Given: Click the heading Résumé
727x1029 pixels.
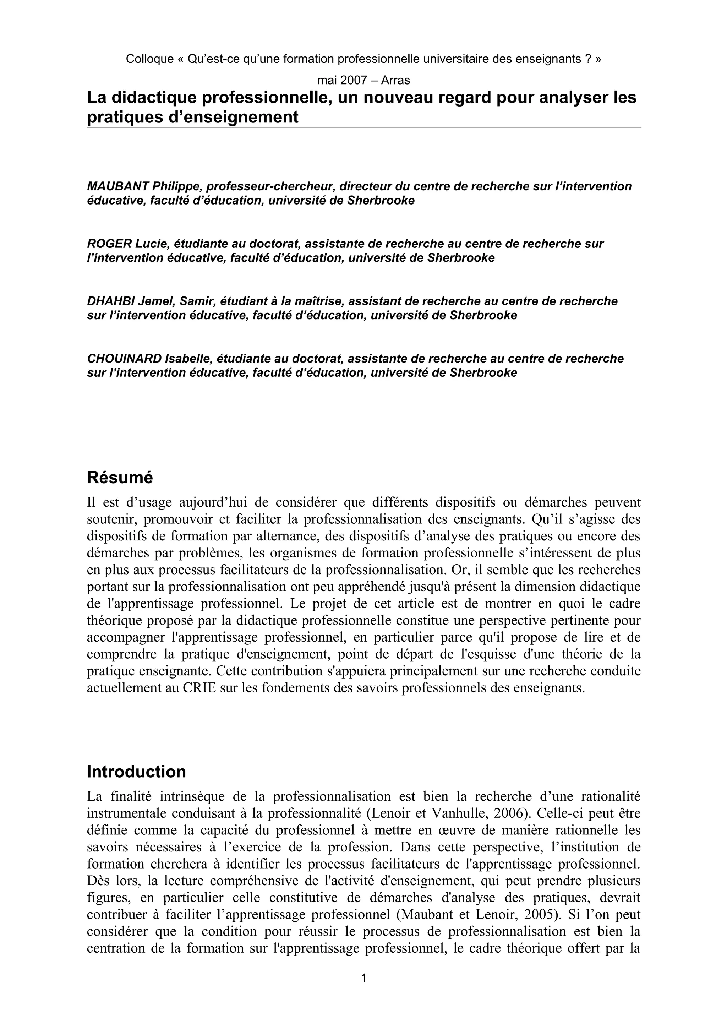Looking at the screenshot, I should tap(120, 478).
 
